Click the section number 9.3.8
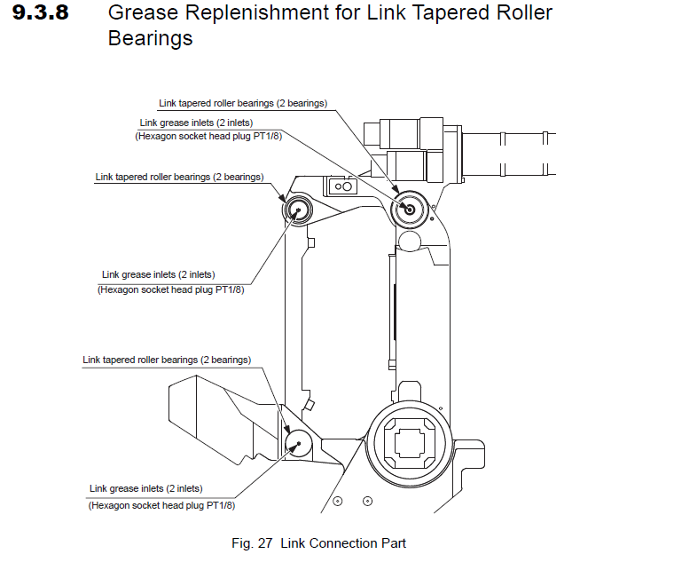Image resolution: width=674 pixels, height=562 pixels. tap(43, 14)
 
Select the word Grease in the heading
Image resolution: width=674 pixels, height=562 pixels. tap(139, 14)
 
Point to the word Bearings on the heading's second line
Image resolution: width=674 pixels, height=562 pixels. tap(150, 40)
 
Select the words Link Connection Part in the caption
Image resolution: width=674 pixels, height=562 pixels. tap(343, 542)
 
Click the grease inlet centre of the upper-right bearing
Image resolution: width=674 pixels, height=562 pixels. tap(408, 209)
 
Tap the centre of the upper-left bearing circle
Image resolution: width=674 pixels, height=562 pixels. tap(295, 210)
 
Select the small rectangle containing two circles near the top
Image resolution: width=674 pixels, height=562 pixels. tap(342, 186)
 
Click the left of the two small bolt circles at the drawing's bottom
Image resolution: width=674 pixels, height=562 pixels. tap(337, 502)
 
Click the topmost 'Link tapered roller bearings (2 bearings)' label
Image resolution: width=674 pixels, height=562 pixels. tap(243, 103)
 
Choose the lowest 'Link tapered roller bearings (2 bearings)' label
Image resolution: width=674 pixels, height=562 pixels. tap(167, 360)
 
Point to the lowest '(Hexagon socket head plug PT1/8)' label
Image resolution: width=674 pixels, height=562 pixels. tap(161, 505)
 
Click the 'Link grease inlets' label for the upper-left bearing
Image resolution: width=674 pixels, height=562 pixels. tap(158, 274)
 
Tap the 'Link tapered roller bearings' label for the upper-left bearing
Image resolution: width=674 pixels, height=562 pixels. tap(179, 177)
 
